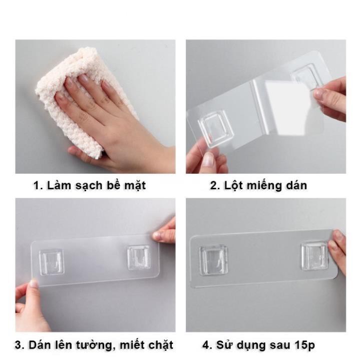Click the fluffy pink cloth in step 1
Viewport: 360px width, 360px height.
click(69, 97)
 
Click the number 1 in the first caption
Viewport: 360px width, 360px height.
click(37, 186)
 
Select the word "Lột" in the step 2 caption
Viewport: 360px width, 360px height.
click(233, 186)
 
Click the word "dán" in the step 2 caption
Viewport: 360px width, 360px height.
click(296, 186)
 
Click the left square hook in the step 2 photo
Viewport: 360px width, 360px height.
click(216, 128)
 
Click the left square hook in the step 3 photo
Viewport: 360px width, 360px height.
click(52, 262)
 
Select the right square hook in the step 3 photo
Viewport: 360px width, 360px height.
click(139, 257)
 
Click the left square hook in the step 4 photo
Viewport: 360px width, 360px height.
click(213, 260)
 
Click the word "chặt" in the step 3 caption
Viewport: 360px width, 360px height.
click(161, 345)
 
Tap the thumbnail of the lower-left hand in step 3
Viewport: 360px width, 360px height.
click(34, 283)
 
